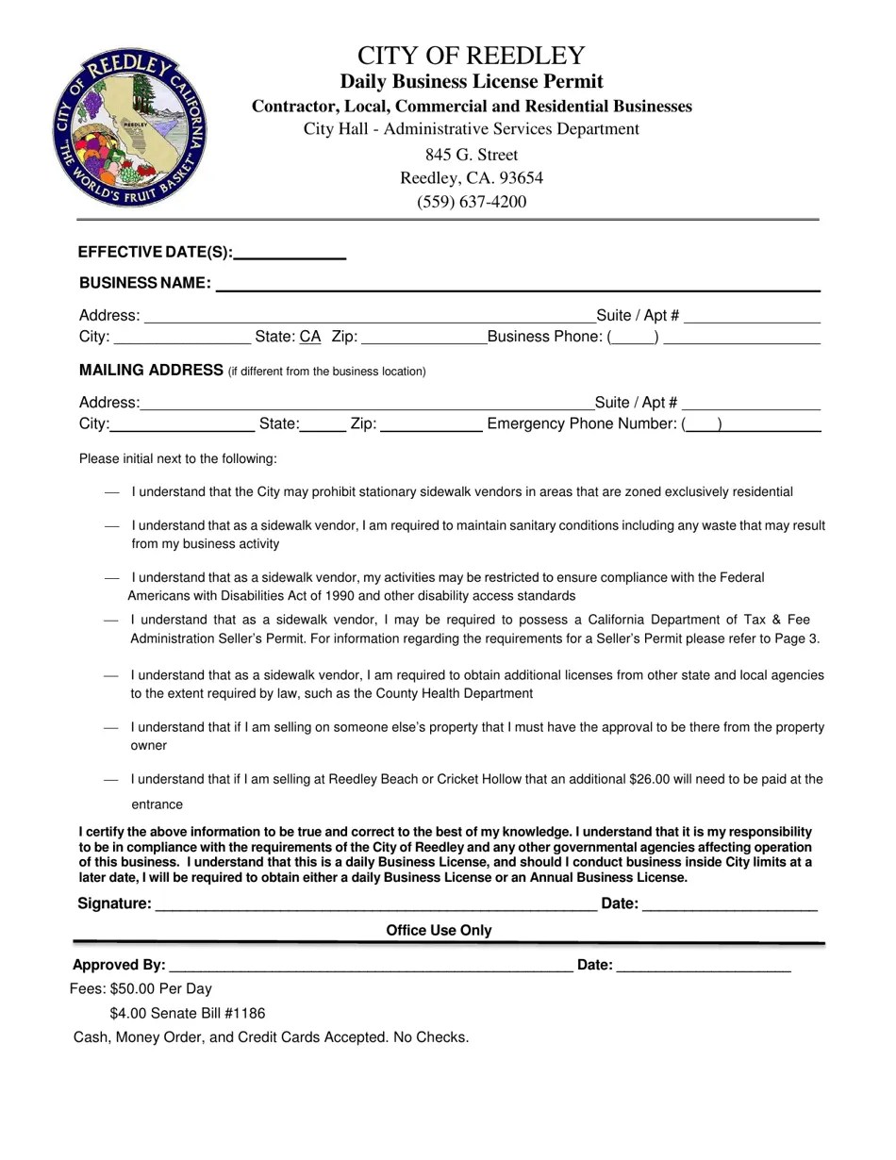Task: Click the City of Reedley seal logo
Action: point(129,128)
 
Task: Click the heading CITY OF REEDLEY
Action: point(471,55)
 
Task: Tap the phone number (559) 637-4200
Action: point(472,201)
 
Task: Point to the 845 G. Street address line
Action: point(472,155)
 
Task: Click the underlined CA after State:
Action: point(310,337)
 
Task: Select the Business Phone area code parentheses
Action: point(633,337)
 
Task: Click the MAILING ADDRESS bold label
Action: point(151,370)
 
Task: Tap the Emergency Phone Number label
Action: point(582,423)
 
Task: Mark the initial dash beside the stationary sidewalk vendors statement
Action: point(112,492)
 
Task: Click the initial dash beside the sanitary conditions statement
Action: point(112,525)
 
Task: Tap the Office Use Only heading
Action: point(439,931)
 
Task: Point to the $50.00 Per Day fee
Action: point(161,988)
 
